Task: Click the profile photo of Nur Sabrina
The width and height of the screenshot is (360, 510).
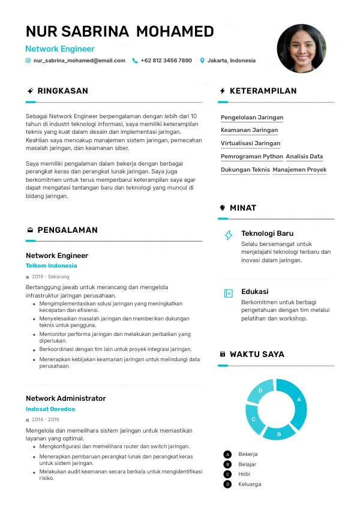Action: point(301,49)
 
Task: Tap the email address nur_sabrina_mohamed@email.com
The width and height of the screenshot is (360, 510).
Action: point(79,61)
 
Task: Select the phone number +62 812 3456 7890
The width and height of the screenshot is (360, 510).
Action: point(166,61)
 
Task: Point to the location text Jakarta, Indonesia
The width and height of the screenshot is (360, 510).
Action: point(231,61)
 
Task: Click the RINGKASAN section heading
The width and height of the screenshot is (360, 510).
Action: point(62,91)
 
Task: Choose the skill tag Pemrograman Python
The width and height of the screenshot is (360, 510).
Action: point(252,157)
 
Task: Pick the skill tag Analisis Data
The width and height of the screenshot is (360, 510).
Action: point(304,157)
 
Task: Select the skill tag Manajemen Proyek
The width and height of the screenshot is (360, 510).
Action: point(299,170)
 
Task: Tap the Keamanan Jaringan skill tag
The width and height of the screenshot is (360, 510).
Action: point(249,130)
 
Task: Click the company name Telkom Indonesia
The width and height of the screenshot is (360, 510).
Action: point(51,266)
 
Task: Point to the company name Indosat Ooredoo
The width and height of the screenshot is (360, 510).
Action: point(50,409)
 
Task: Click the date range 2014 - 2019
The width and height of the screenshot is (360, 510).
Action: point(46,420)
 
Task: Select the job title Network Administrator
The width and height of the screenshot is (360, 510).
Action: point(65,398)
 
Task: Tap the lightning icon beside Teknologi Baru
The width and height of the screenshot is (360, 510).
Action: point(229,235)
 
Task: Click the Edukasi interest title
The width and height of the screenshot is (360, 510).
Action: point(254,292)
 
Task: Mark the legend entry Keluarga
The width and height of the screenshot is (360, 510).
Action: point(250,484)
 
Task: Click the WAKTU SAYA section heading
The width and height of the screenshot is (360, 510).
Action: point(257,355)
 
